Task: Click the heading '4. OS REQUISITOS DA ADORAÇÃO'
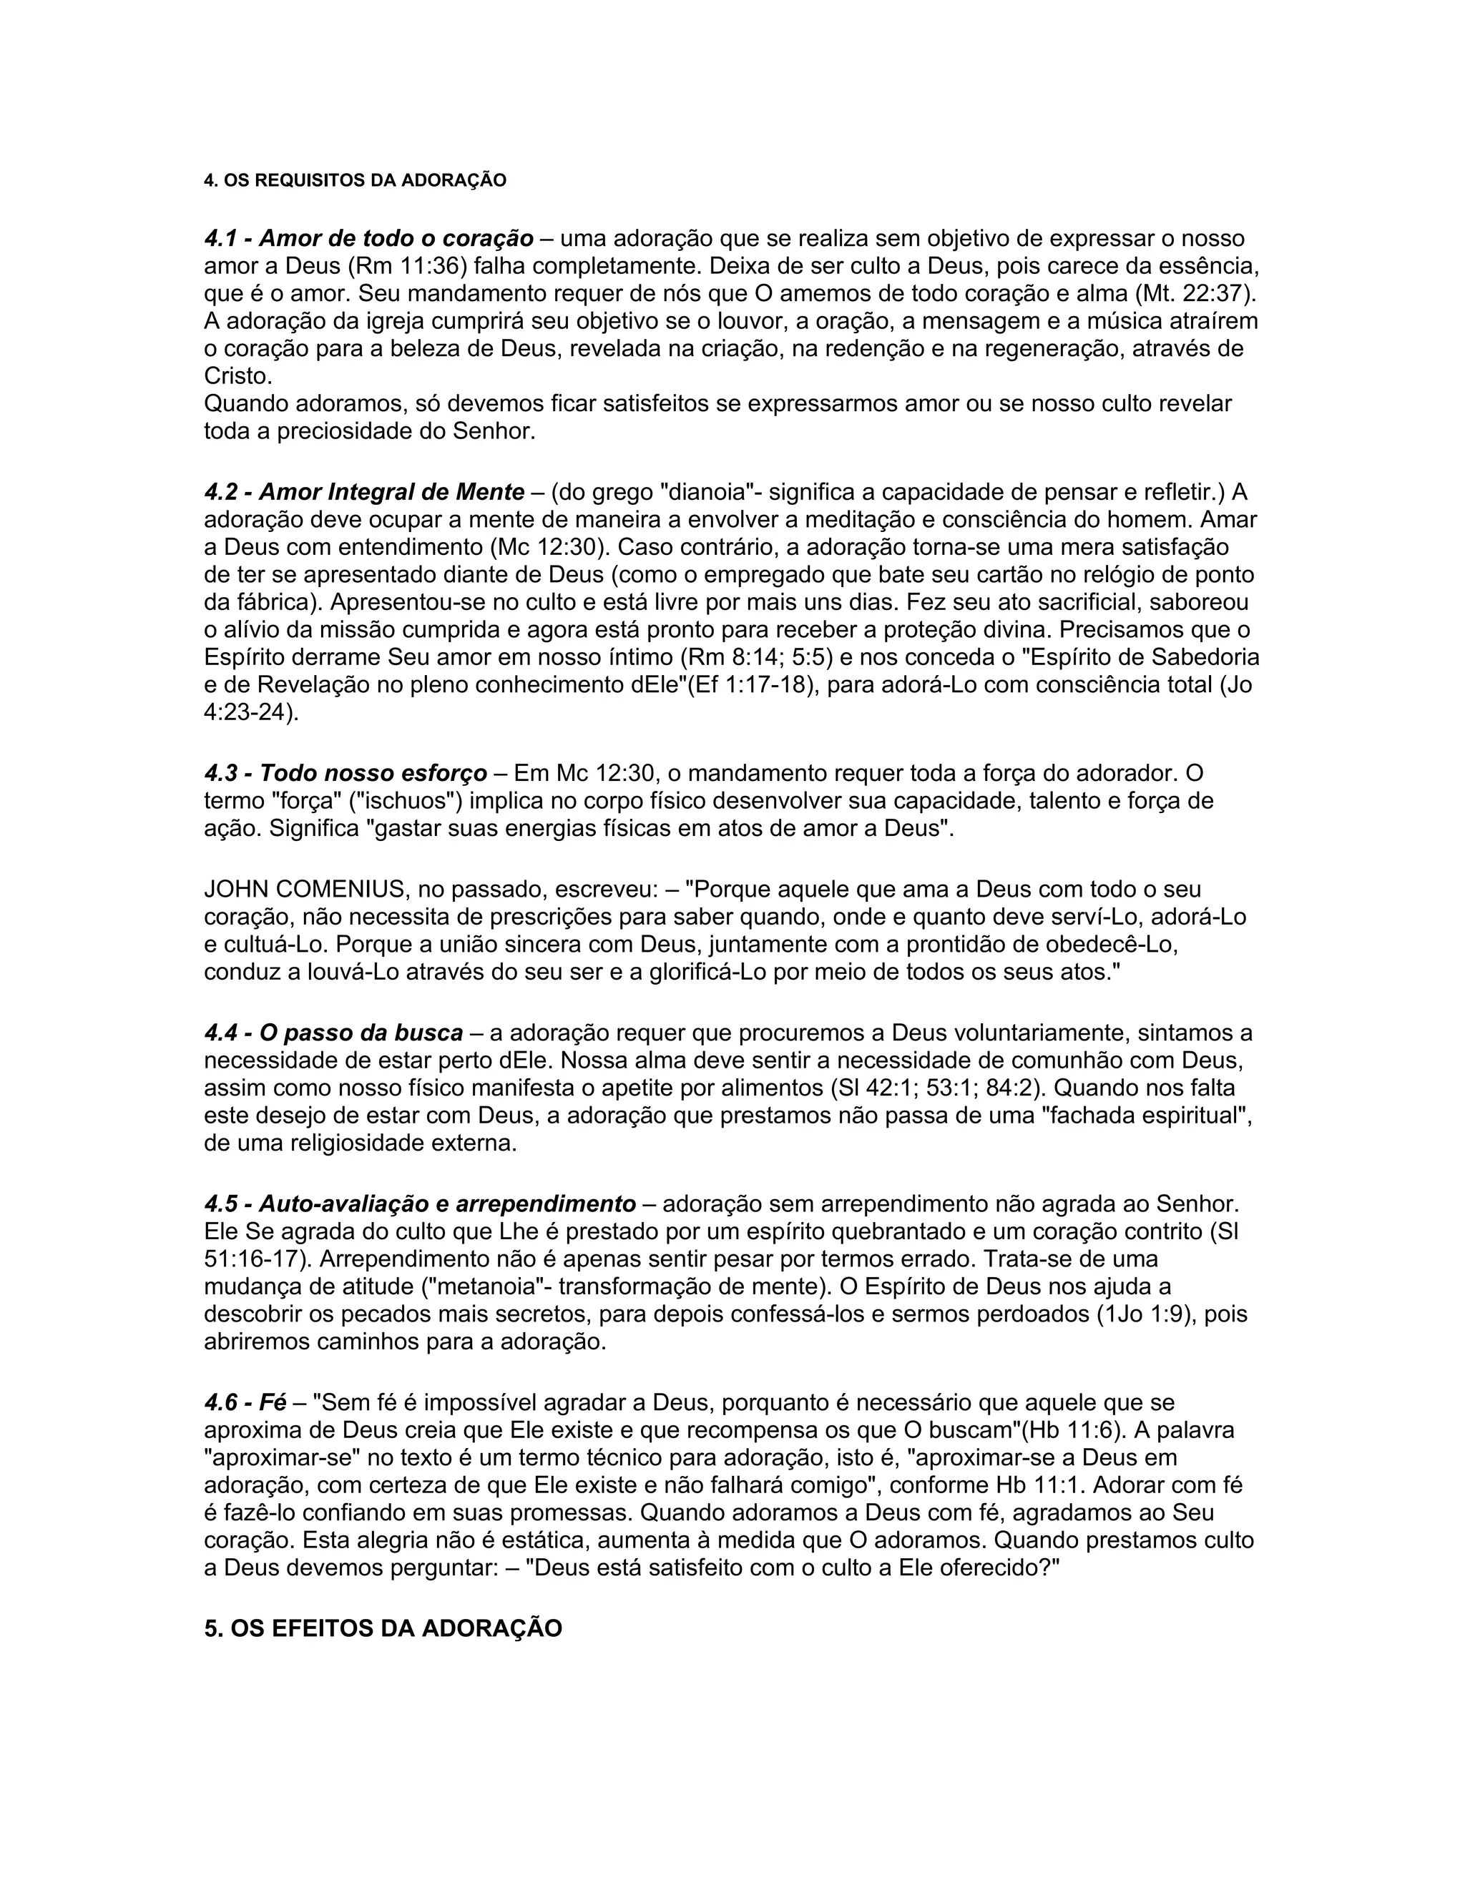[x=355, y=180]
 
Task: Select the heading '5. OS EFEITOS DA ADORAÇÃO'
[x=383, y=1628]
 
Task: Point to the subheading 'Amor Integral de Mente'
[x=391, y=492]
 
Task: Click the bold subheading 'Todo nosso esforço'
[x=373, y=772]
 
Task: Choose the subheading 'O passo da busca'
[x=361, y=1033]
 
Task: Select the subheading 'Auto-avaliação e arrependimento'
[x=447, y=1204]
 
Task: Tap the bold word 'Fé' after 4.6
[x=273, y=1402]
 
